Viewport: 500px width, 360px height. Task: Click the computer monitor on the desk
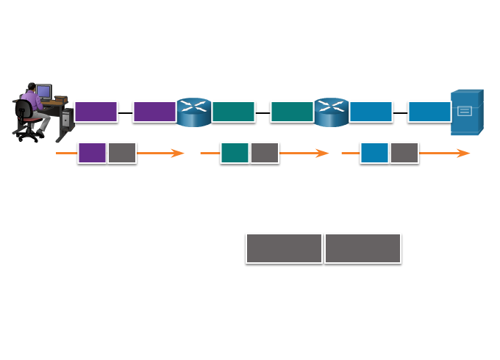point(43,92)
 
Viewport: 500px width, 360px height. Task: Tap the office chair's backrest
point(24,112)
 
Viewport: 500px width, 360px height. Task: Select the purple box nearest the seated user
point(96,112)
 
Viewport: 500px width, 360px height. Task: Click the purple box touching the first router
point(154,112)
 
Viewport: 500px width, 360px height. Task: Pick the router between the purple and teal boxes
point(194,112)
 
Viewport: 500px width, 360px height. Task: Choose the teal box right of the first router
point(233,112)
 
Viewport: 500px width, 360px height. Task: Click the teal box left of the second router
point(292,112)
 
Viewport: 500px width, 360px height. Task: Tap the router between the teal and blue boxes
point(332,112)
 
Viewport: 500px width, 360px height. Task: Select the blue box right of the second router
point(371,112)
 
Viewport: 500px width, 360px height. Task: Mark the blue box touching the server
point(429,112)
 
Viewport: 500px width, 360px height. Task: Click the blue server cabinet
point(467,112)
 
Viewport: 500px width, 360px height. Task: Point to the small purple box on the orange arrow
point(92,153)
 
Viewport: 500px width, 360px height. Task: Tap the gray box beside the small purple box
point(122,153)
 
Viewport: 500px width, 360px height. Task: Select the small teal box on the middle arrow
point(235,153)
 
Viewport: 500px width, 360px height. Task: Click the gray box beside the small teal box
point(265,153)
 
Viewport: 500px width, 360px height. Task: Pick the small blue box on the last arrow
point(374,153)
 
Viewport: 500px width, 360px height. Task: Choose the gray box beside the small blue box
point(404,153)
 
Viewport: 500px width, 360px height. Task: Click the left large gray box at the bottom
point(284,248)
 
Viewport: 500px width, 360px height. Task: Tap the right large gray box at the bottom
point(362,248)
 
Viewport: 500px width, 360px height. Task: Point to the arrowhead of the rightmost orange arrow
point(464,153)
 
